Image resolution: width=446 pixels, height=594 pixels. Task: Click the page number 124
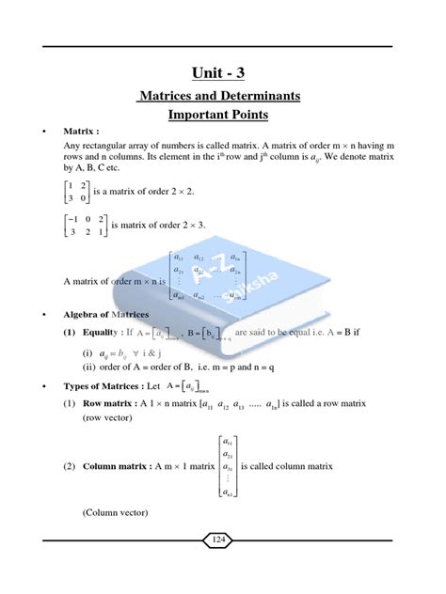(222, 539)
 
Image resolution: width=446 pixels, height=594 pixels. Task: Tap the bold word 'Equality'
(104, 332)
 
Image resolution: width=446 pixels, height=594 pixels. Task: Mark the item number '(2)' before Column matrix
(69, 465)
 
